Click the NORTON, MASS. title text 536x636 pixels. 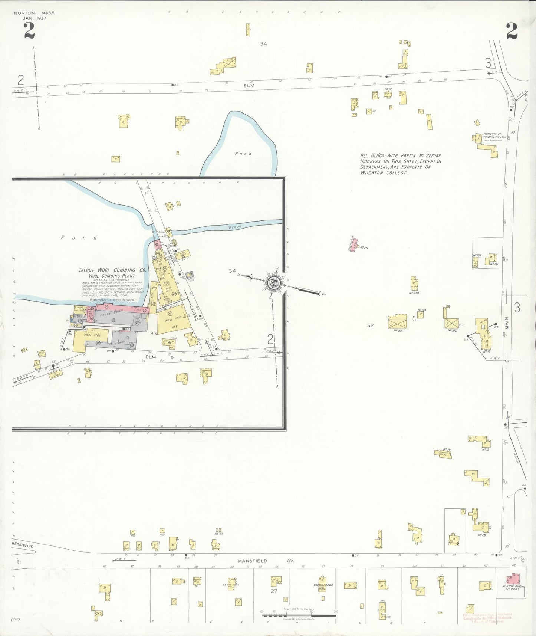(35, 13)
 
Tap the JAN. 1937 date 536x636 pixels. (34, 18)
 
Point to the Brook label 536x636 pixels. (235, 226)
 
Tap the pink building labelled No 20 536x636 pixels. (355, 245)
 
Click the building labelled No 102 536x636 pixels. (451, 323)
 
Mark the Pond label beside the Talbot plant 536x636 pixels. (79, 237)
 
